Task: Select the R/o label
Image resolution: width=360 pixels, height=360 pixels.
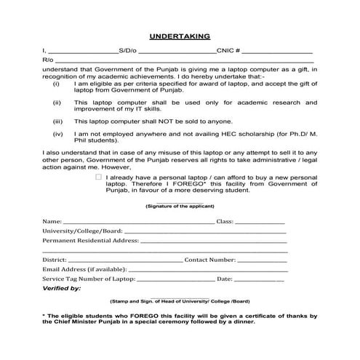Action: [x=47, y=61]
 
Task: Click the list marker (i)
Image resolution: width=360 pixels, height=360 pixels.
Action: [x=57, y=84]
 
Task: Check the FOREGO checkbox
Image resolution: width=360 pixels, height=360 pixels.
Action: [x=98, y=177]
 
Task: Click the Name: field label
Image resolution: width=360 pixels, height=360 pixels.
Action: [x=52, y=220]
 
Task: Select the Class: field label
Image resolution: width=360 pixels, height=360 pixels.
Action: [x=224, y=220]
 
